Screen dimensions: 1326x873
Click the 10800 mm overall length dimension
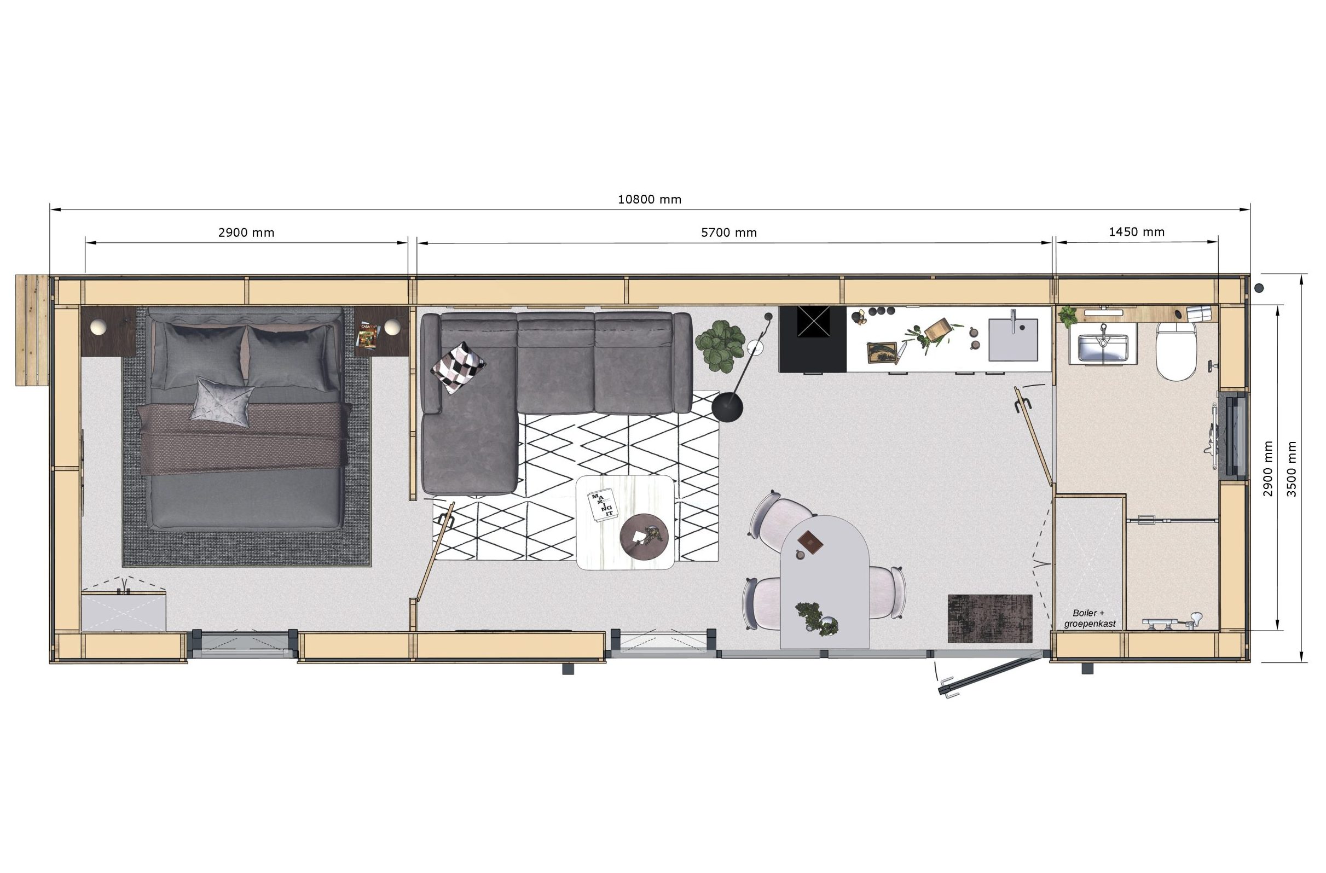pos(650,199)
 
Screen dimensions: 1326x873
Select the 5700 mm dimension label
pos(729,232)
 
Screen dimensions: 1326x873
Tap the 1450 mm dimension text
pos(1137,232)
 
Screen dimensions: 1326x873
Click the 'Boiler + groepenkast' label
pos(1089,619)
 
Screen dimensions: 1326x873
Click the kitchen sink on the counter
pos(1013,339)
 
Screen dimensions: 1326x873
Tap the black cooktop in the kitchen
pos(813,339)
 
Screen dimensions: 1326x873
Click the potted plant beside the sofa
pos(720,346)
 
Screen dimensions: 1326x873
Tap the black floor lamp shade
pos(727,406)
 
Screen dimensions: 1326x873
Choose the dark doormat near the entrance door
pos(990,618)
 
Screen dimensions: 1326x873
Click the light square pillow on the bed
pos(222,401)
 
